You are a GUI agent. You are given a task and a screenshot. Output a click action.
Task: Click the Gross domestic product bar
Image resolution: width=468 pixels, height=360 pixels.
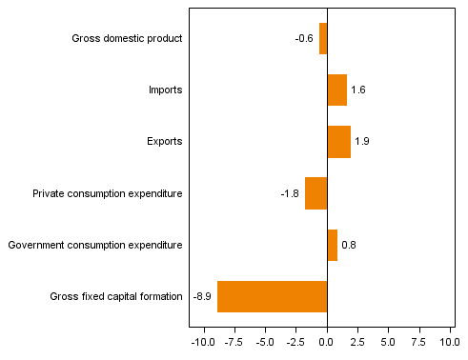(323, 39)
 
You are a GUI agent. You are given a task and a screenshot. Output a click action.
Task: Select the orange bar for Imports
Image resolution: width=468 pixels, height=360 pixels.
(337, 90)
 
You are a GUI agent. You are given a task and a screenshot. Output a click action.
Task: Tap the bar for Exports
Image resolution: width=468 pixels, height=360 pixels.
(339, 142)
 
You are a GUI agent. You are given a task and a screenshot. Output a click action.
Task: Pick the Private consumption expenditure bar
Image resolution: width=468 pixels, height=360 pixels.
(316, 193)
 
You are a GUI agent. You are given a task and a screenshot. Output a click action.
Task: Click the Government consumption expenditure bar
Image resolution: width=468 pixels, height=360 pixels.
(333, 245)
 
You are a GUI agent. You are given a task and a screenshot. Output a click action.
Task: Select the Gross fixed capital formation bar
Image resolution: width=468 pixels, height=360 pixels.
(273, 296)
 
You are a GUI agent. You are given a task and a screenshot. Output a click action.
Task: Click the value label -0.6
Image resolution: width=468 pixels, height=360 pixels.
(304, 39)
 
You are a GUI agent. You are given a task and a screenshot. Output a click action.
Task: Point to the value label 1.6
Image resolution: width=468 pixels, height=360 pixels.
(358, 90)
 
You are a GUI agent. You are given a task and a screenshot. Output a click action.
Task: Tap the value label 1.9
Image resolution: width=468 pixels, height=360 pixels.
(362, 142)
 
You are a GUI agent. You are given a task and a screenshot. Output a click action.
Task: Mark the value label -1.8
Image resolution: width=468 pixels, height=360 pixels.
(290, 193)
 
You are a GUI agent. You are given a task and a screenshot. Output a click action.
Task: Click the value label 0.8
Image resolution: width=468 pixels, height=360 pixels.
(349, 245)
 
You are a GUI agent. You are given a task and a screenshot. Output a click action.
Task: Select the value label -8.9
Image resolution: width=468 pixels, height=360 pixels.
(202, 296)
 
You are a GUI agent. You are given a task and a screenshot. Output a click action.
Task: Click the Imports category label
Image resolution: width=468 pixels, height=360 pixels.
(165, 90)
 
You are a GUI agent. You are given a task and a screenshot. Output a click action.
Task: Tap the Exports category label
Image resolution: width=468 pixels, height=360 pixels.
(165, 142)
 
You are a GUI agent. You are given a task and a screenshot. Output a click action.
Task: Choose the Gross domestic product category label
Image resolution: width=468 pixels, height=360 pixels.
(127, 39)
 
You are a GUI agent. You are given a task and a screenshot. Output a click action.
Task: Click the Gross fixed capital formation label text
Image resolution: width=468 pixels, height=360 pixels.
(116, 296)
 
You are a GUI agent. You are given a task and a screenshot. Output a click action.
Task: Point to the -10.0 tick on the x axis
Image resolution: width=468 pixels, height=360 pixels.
(203, 341)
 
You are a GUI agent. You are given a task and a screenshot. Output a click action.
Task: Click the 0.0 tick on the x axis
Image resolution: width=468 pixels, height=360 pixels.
(327, 341)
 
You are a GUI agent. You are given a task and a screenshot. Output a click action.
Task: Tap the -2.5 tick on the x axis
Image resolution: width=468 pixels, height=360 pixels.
(296, 341)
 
